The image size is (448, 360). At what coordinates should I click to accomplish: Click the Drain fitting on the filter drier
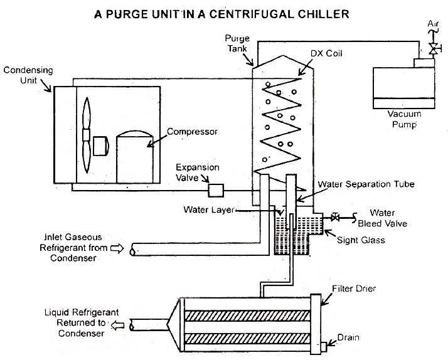point(325,345)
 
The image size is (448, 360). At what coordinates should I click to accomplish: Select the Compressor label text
point(192,132)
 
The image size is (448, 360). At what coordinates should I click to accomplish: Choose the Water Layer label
point(208,209)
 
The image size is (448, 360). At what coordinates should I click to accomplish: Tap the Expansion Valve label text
point(197,172)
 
